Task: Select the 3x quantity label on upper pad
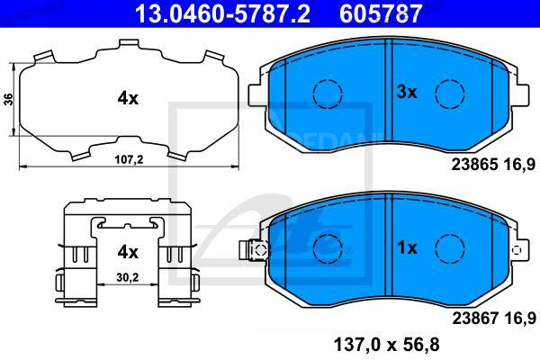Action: point(407,91)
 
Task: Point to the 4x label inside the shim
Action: point(127,99)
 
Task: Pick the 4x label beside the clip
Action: point(127,251)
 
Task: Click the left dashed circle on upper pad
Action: point(328,93)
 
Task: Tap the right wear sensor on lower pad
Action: point(516,248)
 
